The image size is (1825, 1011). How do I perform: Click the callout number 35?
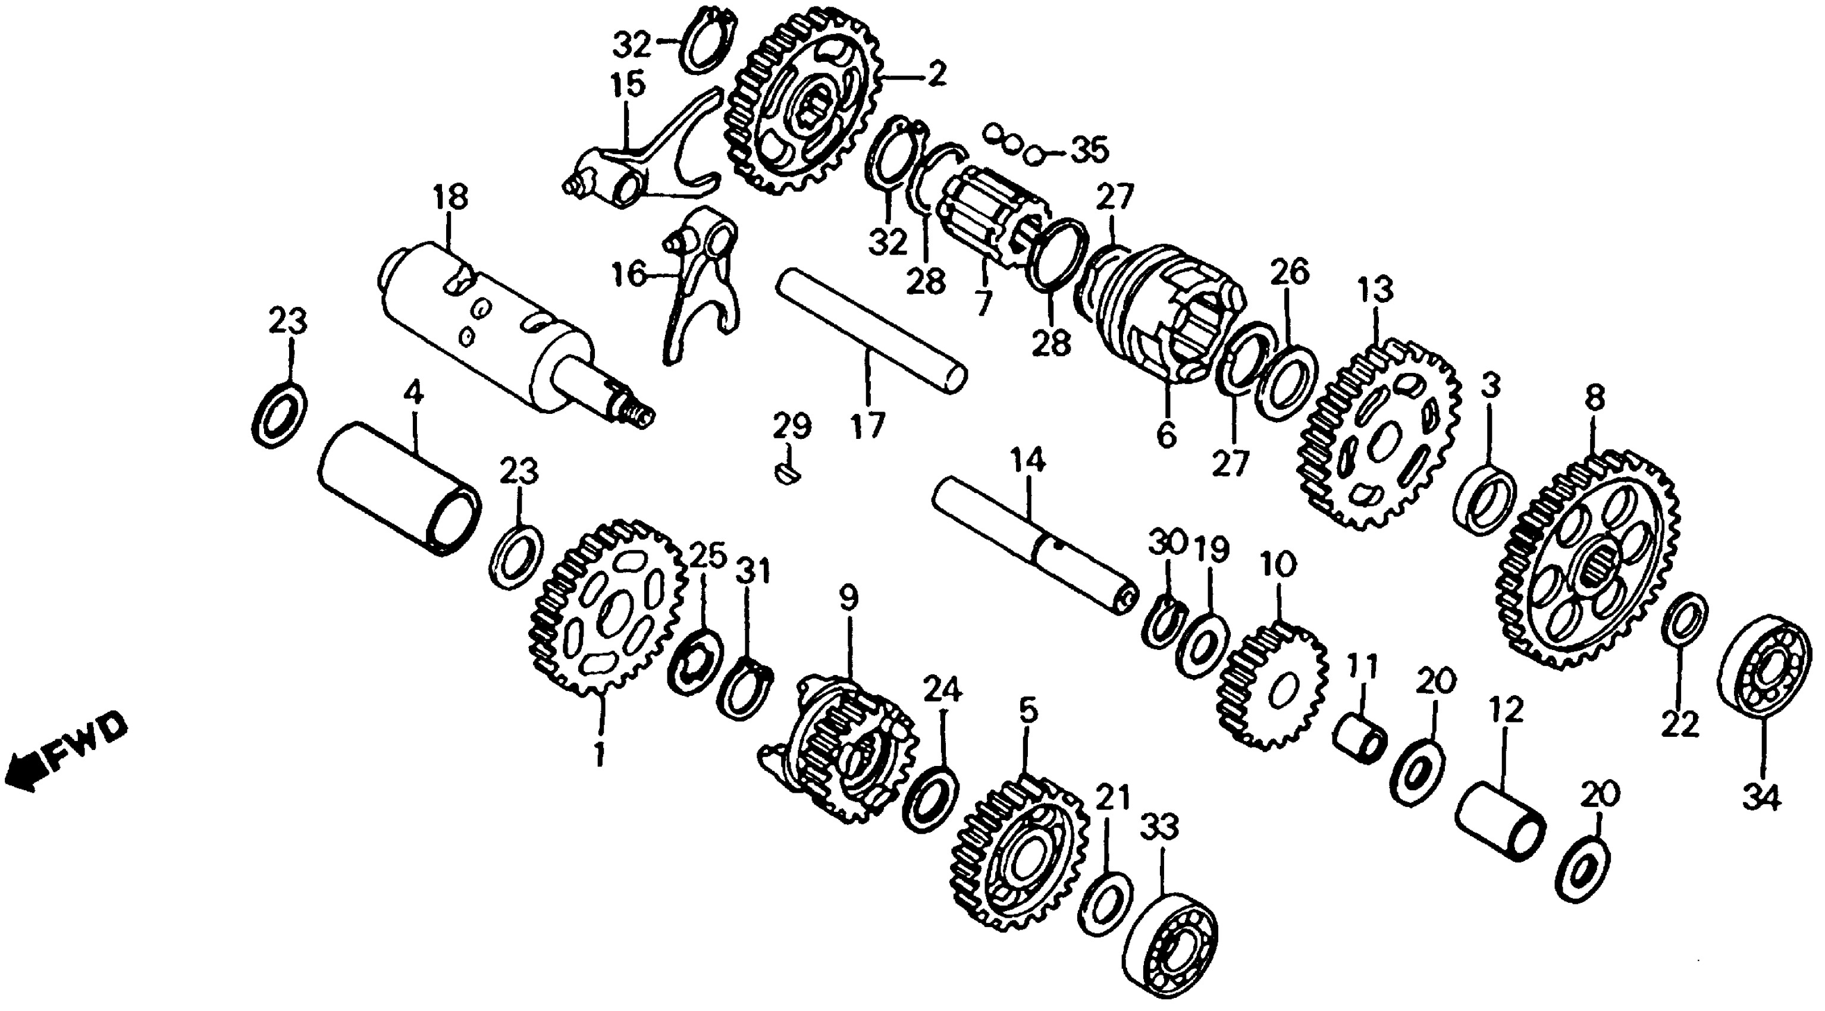click(1089, 150)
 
